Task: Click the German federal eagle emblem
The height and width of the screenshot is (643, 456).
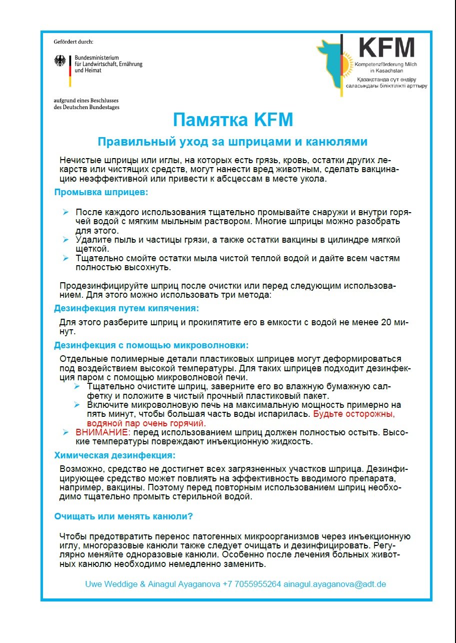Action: [x=60, y=62]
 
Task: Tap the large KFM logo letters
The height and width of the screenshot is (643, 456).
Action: [x=387, y=48]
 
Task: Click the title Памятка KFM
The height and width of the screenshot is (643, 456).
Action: [x=232, y=121]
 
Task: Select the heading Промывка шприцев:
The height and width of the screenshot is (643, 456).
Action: [x=100, y=192]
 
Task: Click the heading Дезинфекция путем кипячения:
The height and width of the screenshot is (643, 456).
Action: [x=126, y=308]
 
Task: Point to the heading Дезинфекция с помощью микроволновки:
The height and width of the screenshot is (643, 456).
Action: [x=151, y=345]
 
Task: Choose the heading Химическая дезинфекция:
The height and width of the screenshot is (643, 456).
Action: [x=114, y=455]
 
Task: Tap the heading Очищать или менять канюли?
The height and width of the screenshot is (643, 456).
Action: [x=123, y=516]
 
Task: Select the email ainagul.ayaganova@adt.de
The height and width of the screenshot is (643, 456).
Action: [x=334, y=584]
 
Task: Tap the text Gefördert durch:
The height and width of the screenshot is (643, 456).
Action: [x=73, y=42]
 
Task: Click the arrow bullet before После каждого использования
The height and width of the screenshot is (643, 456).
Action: [x=65, y=213]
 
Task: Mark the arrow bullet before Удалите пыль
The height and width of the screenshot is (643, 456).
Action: [x=65, y=240]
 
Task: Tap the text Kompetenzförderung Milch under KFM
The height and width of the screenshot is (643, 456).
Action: [x=385, y=66]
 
